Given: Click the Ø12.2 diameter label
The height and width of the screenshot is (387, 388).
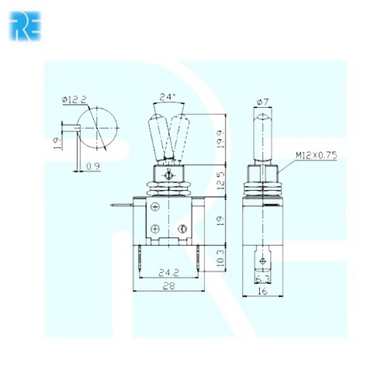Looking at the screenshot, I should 74,98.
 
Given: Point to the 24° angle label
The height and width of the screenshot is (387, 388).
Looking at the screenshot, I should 167,97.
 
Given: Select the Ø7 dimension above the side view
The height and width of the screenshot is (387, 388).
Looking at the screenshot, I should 262,102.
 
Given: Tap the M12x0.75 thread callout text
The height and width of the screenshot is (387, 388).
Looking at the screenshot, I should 317,155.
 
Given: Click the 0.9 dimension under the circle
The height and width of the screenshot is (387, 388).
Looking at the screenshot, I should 93,166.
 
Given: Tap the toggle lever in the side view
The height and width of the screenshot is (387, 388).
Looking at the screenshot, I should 262,136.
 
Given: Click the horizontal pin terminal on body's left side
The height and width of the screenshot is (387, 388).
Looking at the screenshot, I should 120,206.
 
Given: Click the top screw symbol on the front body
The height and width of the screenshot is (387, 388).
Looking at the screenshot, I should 156,207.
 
